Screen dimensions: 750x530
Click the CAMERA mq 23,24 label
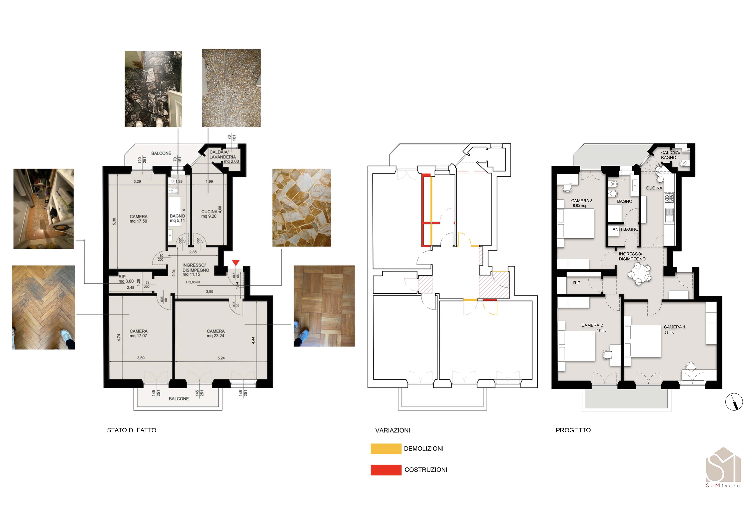click(x=216, y=333)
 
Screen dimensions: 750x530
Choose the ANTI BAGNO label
click(x=625, y=229)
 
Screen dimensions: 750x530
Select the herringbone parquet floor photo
click(x=43, y=307)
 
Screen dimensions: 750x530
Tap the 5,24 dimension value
click(x=221, y=358)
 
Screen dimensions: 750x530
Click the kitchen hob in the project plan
click(x=669, y=197)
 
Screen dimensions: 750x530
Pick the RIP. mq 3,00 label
click(x=126, y=279)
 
